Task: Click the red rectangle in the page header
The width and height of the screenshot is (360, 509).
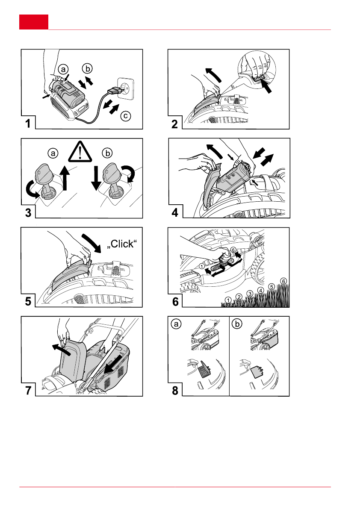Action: tap(34, 22)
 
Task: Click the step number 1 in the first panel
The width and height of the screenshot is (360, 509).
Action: tap(28, 124)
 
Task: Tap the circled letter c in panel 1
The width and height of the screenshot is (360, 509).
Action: tap(126, 116)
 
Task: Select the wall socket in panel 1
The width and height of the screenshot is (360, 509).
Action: tap(125, 88)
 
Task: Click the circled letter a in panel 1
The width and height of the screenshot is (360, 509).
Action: tap(63, 69)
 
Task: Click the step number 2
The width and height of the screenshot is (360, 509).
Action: tap(174, 124)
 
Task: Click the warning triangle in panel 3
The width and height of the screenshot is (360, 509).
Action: tap(80, 152)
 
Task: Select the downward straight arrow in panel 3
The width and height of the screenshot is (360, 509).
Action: tap(96, 177)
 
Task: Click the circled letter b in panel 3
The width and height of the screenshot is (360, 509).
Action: tap(107, 153)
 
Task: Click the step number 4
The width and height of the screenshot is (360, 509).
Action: tap(175, 213)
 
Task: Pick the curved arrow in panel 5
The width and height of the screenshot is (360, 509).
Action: tap(92, 242)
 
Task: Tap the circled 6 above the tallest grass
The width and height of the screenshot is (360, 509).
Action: tap(284, 281)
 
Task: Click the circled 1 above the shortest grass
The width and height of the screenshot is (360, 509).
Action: tap(228, 300)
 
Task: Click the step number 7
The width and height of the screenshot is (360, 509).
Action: tap(28, 390)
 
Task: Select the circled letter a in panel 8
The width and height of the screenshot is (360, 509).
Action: tap(176, 324)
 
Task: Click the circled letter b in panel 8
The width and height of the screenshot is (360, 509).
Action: tap(237, 324)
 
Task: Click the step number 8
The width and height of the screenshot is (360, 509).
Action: tap(175, 391)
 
